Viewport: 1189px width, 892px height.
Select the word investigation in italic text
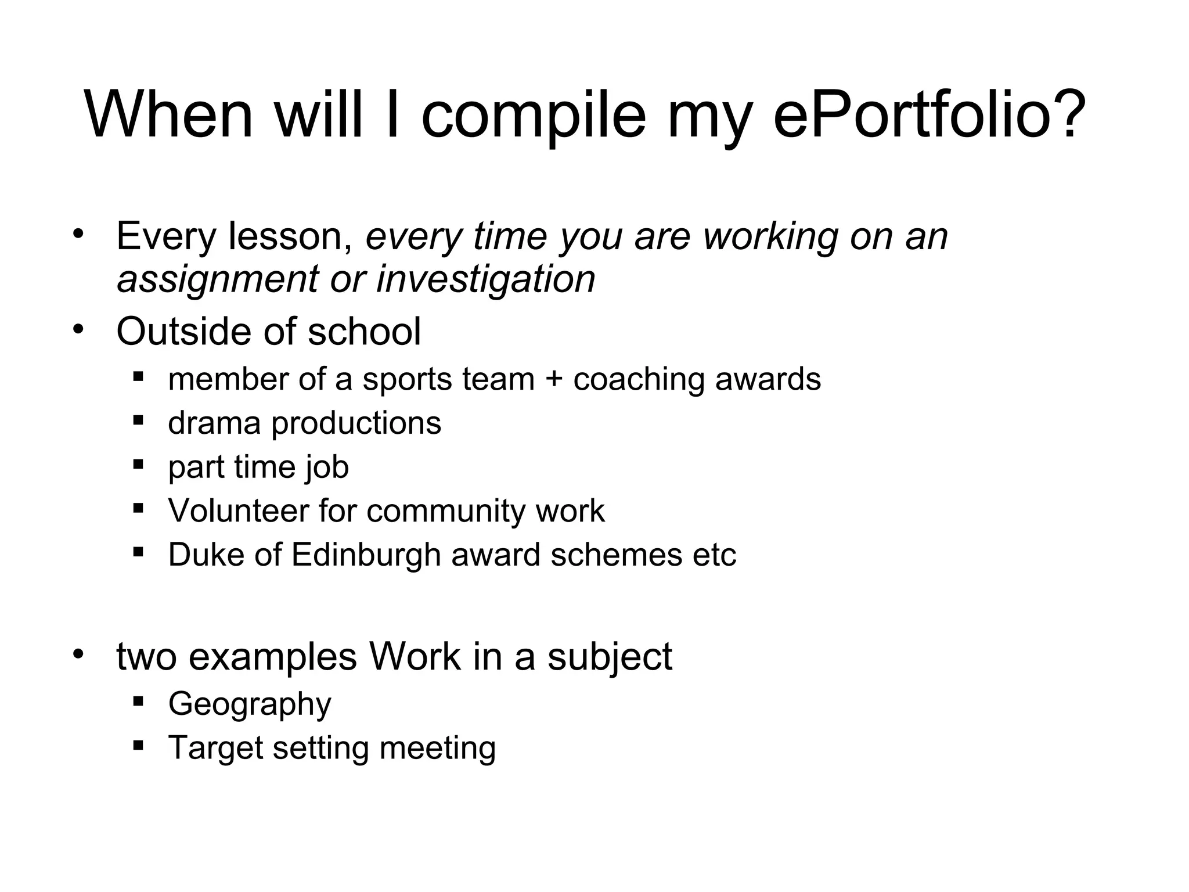486,279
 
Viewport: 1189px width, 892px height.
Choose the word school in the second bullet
364,332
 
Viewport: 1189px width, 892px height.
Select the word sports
408,380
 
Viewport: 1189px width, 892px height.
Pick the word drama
214,423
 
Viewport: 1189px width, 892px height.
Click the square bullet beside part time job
138,464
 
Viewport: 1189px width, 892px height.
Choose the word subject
609,657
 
